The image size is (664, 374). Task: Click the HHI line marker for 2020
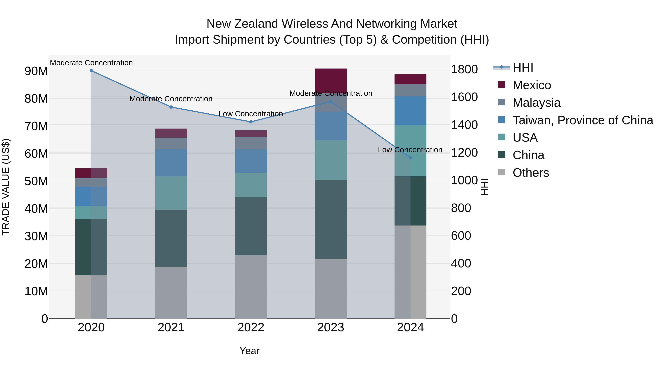click(x=91, y=71)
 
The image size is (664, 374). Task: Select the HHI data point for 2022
click(x=251, y=122)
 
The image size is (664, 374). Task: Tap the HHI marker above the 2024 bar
click(x=411, y=158)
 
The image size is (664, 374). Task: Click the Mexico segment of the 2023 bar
click(x=331, y=81)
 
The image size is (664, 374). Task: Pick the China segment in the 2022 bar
click(x=251, y=226)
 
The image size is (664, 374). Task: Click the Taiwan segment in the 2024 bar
click(x=410, y=111)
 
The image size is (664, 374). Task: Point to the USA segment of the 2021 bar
click(x=171, y=193)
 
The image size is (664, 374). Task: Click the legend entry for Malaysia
click(x=536, y=103)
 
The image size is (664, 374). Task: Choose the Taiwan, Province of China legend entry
click(x=582, y=120)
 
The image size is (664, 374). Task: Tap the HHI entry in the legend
click(x=523, y=68)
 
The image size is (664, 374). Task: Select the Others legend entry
click(x=530, y=173)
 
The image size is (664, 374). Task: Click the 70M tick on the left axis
click(x=36, y=126)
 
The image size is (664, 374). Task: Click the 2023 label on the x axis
click(x=331, y=327)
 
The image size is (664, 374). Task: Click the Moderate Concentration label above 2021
click(x=171, y=99)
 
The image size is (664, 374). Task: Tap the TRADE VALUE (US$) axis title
click(x=6, y=187)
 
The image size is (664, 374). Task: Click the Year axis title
click(x=249, y=351)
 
